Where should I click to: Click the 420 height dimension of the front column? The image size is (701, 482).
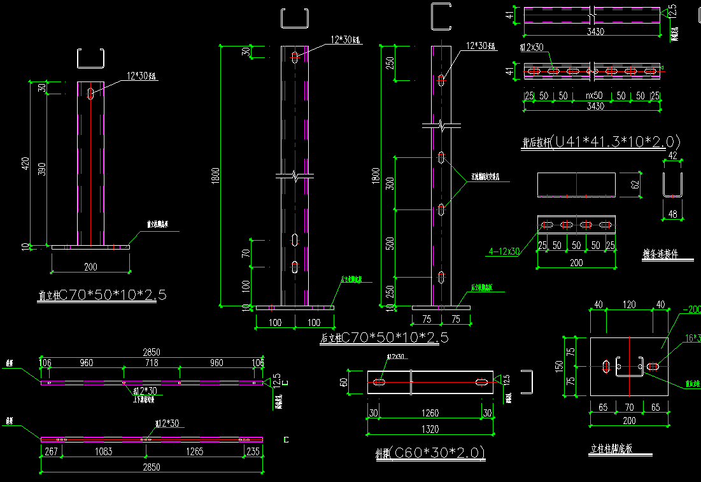[26, 164]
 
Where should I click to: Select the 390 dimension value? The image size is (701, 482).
[41, 170]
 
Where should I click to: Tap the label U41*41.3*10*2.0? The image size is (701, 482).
[617, 141]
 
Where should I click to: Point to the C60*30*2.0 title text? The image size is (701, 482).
[439, 453]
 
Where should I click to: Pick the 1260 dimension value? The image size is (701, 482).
[431, 413]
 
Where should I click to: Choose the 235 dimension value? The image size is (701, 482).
[254, 452]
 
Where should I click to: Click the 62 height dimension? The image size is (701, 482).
[634, 185]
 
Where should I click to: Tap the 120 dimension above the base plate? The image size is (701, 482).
[629, 305]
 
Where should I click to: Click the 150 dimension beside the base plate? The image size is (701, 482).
[558, 366]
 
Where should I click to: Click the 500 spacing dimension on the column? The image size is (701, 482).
[390, 243]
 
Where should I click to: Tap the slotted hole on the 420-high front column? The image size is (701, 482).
[90, 94]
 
